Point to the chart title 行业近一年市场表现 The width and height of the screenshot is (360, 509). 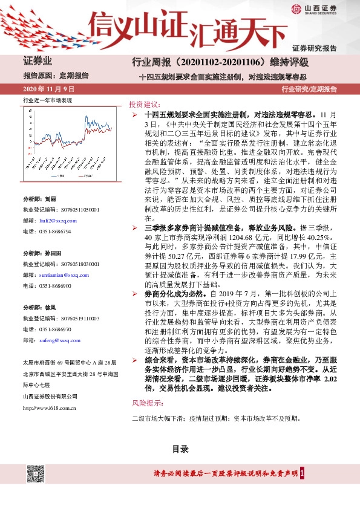47,100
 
